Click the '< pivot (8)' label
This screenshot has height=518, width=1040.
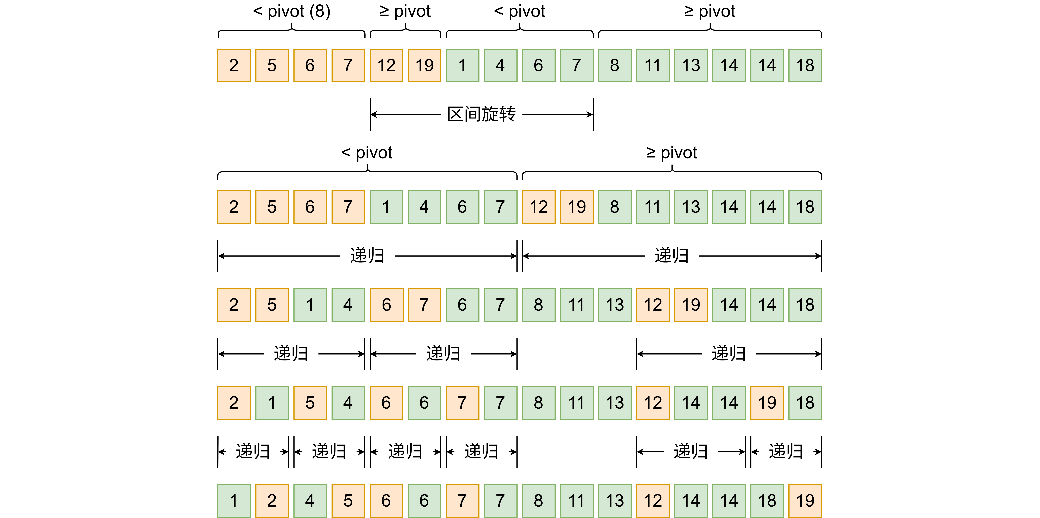click(x=292, y=11)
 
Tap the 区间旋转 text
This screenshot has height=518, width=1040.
click(x=481, y=114)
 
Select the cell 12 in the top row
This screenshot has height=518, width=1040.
click(x=386, y=65)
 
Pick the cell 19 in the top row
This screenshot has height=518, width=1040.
click(x=424, y=65)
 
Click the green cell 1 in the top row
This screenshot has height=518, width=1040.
click(x=462, y=65)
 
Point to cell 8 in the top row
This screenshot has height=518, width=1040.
click(x=615, y=65)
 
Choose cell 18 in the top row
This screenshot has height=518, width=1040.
click(x=805, y=65)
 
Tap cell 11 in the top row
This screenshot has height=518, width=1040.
click(x=652, y=65)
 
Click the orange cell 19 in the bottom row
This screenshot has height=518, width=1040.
click(x=805, y=501)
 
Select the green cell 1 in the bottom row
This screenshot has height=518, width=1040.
click(x=234, y=501)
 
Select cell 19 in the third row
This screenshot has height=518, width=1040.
click(x=691, y=305)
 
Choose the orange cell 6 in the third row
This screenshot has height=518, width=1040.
click(x=386, y=305)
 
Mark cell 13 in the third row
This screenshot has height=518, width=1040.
click(x=615, y=305)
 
